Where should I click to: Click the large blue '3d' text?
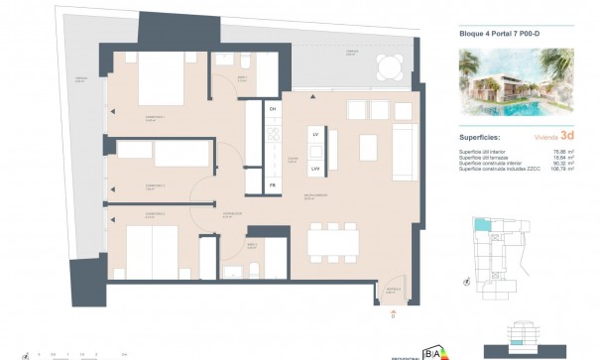pyautogui.click(x=567, y=138)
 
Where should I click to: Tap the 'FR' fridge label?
pyautogui.click(x=273, y=185)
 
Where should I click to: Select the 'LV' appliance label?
pyautogui.click(x=314, y=133)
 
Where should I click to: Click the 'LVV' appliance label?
pyautogui.click(x=314, y=168)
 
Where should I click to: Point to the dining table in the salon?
pyautogui.click(x=334, y=239)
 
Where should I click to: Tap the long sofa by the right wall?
pyautogui.click(x=406, y=153)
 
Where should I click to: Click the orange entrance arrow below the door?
pyautogui.click(x=392, y=310)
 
